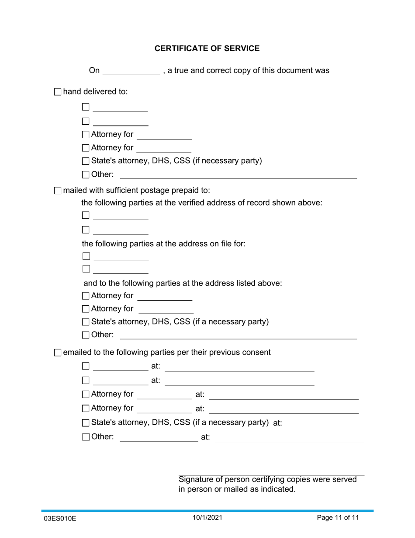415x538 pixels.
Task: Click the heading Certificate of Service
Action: click(207, 49)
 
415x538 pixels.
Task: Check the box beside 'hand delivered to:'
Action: click(58, 92)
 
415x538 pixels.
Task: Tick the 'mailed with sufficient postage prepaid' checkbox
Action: click(58, 191)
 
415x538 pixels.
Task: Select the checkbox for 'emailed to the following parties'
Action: click(58, 353)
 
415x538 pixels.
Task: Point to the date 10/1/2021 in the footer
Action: click(207, 518)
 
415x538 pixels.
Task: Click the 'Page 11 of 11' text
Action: click(338, 518)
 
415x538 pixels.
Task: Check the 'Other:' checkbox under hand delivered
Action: click(86, 175)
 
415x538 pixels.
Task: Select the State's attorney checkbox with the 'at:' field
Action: click(86, 423)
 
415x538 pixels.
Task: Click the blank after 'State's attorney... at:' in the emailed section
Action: click(329, 424)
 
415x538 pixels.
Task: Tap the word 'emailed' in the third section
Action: click(77, 352)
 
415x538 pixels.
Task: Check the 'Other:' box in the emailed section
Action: click(86, 437)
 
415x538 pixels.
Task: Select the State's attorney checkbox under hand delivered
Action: click(86, 161)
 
